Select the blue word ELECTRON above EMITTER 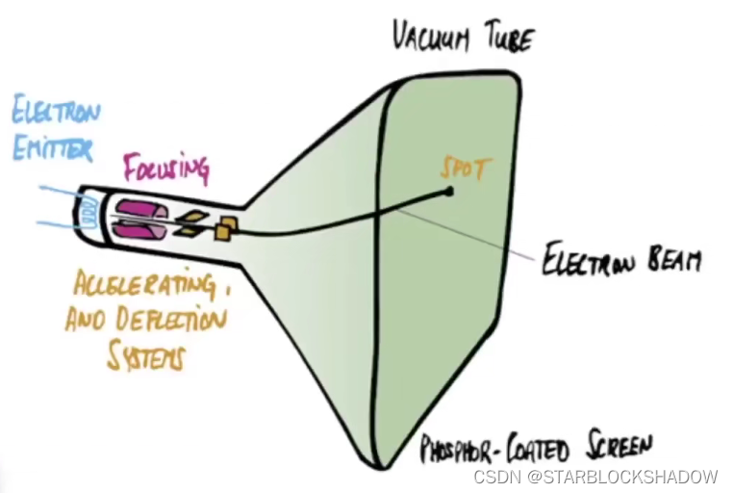[56, 114]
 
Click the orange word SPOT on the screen [465, 169]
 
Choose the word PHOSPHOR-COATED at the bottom [493, 449]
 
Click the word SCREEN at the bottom [616, 445]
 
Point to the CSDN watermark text [496, 477]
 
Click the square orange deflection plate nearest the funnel [227, 229]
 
